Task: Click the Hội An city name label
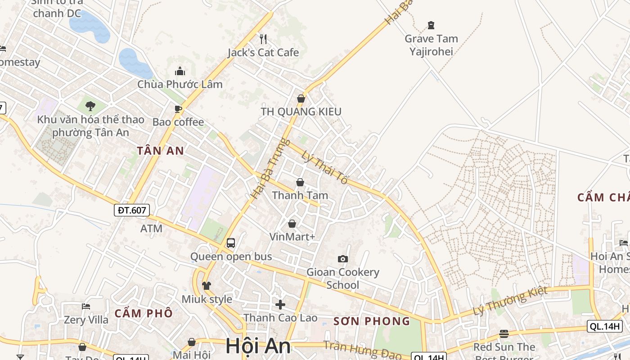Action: (x=258, y=346)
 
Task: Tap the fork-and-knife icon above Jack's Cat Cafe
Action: (x=263, y=39)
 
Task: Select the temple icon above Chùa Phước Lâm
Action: (x=180, y=71)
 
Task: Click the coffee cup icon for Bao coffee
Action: (x=178, y=109)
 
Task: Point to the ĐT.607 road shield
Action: (x=131, y=210)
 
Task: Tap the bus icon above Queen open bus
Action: (x=231, y=243)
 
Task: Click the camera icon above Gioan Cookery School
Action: (x=343, y=259)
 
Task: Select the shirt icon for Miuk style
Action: (x=207, y=285)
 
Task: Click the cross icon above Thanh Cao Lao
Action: (x=280, y=305)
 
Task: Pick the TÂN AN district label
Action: (x=161, y=151)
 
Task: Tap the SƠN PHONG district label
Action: (x=372, y=321)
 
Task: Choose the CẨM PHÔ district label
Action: (x=144, y=313)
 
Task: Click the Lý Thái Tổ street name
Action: (x=325, y=167)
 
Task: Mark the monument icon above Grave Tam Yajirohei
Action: (x=431, y=25)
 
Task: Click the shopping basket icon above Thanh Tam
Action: (x=300, y=182)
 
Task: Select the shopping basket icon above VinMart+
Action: (x=292, y=224)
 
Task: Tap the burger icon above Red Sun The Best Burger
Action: (x=504, y=334)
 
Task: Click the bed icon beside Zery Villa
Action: (x=86, y=306)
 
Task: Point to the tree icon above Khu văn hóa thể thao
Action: (x=90, y=106)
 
